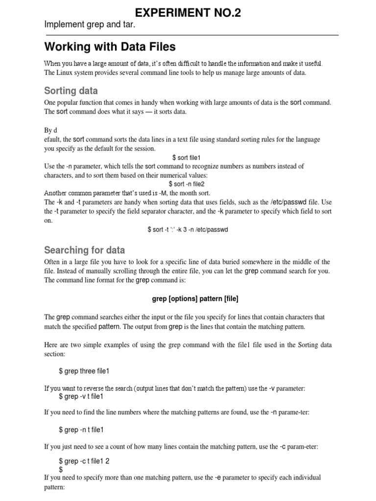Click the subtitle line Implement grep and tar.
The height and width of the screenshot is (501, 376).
90,24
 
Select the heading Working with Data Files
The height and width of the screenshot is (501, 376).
110,47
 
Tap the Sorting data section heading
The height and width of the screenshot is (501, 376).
71,91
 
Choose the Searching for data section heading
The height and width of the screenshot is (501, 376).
84,250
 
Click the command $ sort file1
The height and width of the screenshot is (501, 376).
187,158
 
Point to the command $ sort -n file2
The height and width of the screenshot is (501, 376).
187,184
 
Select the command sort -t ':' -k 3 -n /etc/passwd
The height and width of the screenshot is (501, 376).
188,229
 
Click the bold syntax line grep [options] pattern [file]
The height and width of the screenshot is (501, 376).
188,298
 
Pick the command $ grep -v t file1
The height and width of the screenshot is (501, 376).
81,396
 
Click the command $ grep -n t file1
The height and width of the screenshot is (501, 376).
81,430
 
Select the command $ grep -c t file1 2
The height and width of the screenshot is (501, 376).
84,461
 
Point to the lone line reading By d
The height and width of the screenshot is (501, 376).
51,130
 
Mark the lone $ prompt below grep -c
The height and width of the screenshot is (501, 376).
61,469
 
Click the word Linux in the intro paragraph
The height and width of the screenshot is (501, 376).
66,73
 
